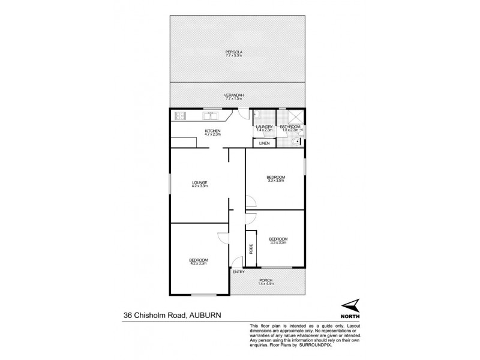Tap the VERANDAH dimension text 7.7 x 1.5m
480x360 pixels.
coord(237,98)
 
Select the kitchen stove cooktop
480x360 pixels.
coord(181,115)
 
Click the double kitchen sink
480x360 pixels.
coord(211,115)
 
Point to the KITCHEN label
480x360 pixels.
coord(213,131)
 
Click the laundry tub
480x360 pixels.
coord(256,115)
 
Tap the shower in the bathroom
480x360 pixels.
coord(294,117)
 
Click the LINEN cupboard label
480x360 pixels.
coord(264,143)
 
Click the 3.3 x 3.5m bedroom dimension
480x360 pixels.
coord(275,181)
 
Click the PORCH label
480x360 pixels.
coord(266,280)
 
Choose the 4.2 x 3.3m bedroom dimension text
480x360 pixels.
coord(199,263)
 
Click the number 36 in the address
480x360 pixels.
coord(128,313)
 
